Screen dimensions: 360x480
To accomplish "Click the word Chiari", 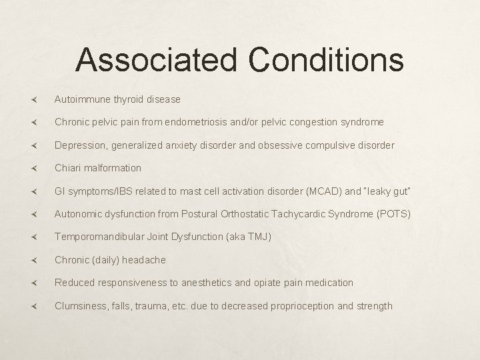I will tap(69, 168).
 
